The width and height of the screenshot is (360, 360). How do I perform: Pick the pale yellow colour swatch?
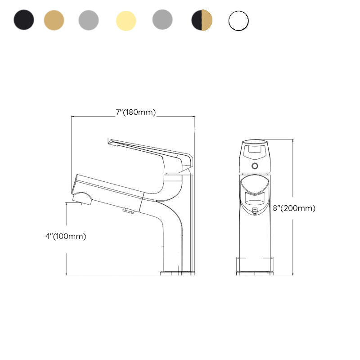point(126,21)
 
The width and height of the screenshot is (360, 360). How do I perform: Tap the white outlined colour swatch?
point(238,21)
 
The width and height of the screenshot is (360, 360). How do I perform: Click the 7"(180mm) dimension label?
point(135,112)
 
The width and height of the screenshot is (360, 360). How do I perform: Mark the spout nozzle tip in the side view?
point(82,199)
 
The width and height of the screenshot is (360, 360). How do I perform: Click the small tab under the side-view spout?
point(128,210)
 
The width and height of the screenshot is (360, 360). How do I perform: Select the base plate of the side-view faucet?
point(178,273)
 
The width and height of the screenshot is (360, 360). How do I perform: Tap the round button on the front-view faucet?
point(255,166)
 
